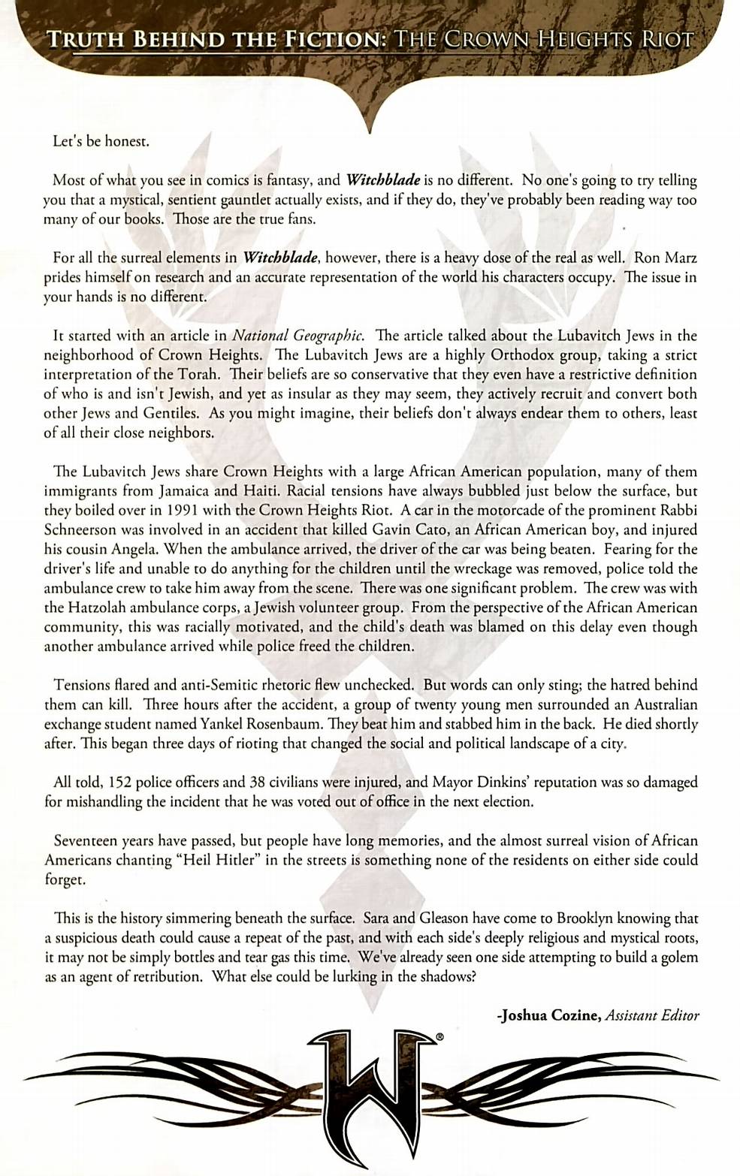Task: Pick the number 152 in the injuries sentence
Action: pyautogui.click(x=115, y=782)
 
